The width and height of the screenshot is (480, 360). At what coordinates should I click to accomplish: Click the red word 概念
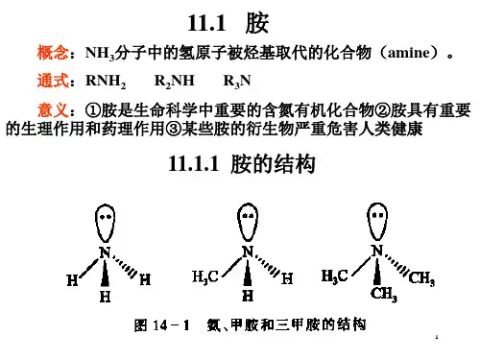point(53,53)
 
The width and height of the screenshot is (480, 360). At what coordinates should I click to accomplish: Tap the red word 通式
point(53,81)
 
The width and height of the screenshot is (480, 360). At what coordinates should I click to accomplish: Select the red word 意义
point(53,110)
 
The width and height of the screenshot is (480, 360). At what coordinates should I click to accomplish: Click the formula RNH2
point(106,82)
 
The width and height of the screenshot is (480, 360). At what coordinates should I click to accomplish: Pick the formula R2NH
point(175,82)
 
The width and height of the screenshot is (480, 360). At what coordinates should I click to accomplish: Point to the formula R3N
point(237,82)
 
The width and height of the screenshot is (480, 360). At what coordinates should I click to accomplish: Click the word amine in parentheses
point(409,53)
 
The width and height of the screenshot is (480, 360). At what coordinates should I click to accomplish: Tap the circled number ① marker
point(93,110)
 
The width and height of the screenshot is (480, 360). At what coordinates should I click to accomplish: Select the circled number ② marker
point(382,110)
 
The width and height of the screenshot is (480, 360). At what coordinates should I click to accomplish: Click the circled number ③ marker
point(174,129)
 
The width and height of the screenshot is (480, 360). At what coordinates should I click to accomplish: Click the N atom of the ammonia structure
point(105,252)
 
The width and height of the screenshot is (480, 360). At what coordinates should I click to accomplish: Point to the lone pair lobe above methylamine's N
point(248,222)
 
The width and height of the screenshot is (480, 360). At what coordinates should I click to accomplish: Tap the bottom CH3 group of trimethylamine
point(384,294)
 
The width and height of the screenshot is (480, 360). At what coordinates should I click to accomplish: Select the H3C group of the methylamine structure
point(205,277)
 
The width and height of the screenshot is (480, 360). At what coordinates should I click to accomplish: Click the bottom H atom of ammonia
point(105,297)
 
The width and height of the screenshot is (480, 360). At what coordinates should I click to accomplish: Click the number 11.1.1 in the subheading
point(194,163)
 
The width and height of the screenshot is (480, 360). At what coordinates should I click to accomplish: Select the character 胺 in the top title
point(257,23)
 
